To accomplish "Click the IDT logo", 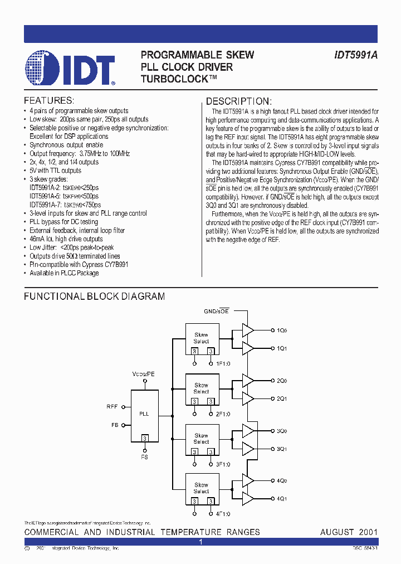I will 70,68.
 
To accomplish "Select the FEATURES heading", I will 49,101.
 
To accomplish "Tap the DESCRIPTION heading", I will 239,101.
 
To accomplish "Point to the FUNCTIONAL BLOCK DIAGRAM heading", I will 94,296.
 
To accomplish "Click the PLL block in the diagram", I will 144,414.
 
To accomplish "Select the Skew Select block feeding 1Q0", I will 201,339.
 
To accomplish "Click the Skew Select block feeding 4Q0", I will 201,488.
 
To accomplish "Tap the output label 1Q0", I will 282,330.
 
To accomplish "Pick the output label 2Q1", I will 282,398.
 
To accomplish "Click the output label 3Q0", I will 282,431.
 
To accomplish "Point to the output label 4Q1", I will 282,498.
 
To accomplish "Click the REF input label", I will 112,407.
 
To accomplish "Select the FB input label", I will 114,425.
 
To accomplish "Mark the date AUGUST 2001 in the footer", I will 349,532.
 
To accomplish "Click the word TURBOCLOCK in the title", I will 174,79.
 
